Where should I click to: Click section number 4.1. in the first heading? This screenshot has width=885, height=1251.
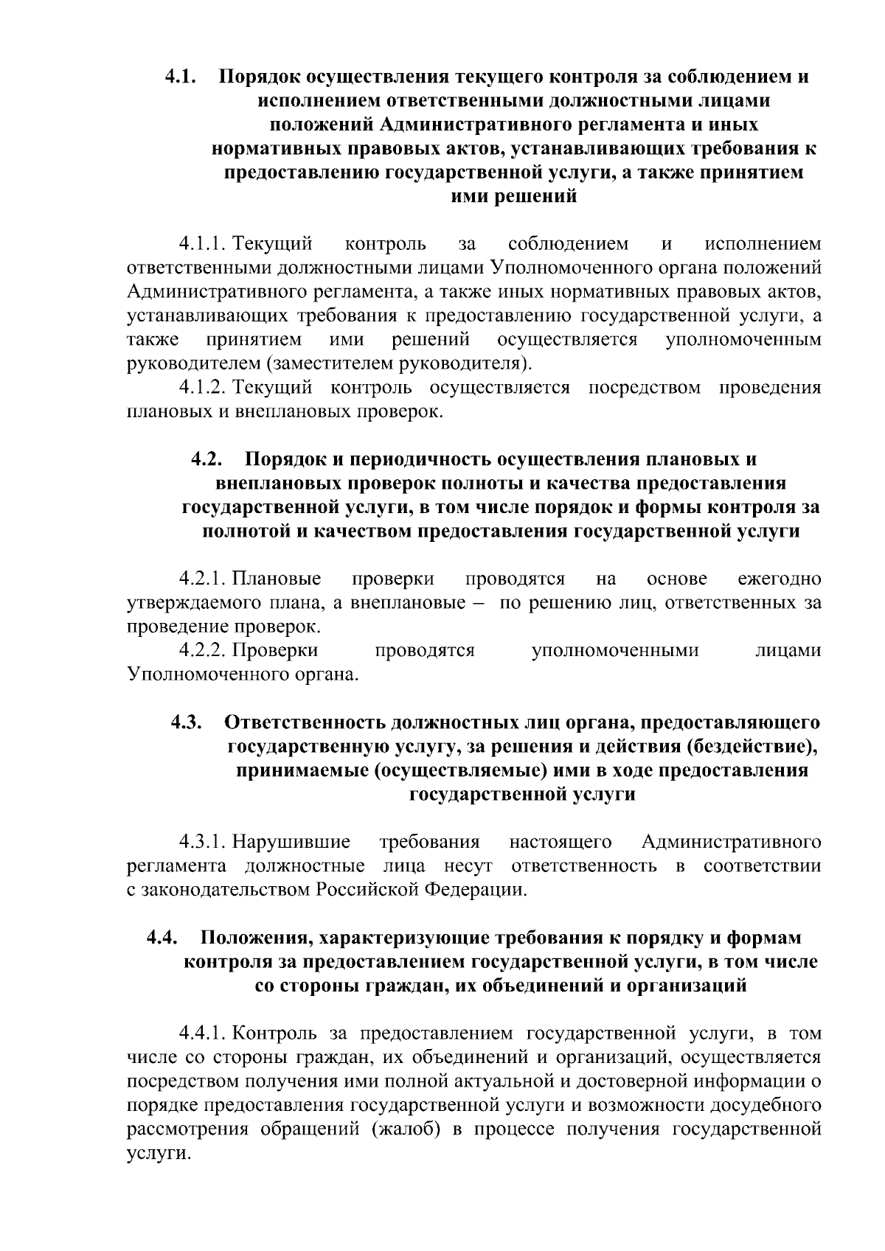[179, 77]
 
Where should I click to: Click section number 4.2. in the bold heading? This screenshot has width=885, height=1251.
[207, 459]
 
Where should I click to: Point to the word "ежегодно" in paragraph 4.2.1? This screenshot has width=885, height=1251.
[779, 579]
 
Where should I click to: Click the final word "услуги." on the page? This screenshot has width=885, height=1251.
[155, 1154]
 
